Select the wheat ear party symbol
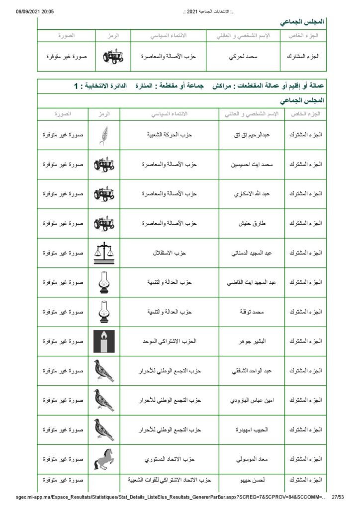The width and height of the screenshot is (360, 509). (104, 135)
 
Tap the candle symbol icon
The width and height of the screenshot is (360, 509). (104, 341)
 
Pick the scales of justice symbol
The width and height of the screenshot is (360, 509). (104, 253)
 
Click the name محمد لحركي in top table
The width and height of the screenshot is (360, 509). (244, 57)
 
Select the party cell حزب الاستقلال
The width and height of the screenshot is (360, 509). (169, 253)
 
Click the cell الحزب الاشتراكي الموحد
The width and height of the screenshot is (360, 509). (169, 341)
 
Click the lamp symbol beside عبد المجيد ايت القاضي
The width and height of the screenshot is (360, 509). (104, 282)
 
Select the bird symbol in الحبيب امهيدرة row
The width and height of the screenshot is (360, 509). (104, 429)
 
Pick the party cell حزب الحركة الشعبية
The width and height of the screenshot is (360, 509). (169, 135)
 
